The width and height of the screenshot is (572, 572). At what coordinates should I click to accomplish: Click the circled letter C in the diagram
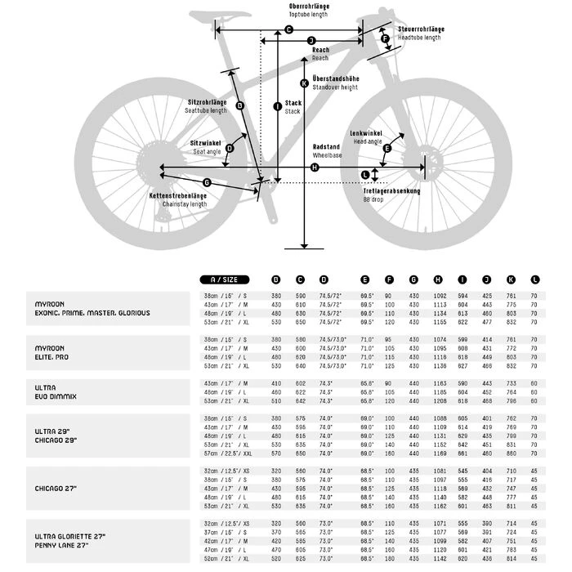click(288, 29)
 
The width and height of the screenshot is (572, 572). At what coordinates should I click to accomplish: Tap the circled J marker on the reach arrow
click(311, 40)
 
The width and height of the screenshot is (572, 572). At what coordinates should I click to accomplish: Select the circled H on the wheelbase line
click(315, 168)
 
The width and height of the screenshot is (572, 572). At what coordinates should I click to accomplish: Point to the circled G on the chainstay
click(207, 182)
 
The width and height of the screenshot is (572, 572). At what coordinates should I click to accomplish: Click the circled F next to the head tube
click(385, 38)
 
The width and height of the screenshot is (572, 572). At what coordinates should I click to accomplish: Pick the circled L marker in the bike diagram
click(364, 174)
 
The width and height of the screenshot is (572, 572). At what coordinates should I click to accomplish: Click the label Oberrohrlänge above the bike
click(309, 7)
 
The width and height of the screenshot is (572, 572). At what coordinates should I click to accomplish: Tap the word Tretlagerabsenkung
click(392, 191)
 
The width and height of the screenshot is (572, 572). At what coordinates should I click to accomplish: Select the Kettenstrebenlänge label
click(178, 196)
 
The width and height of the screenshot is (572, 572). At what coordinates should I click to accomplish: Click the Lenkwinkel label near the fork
click(366, 133)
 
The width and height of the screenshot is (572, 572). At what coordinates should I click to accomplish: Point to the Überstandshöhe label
click(335, 78)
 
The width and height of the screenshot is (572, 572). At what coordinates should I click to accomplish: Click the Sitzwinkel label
click(206, 144)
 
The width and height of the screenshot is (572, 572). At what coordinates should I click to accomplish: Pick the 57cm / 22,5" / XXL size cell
click(229, 453)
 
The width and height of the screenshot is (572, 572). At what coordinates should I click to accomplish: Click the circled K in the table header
click(512, 279)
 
